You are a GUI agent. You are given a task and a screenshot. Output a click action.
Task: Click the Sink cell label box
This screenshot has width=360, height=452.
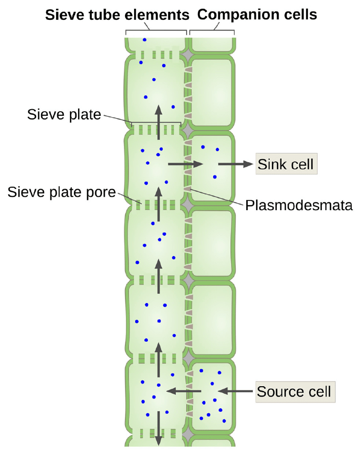pos(286,164)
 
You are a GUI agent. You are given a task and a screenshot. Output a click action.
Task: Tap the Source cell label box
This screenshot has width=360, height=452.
pos(295,391)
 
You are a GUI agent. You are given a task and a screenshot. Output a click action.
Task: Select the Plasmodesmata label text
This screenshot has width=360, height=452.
pos(299,206)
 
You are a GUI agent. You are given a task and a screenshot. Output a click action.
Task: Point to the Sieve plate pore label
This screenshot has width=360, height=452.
pos(61,192)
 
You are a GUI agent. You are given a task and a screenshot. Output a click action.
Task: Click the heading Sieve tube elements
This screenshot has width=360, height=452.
pos(117,15)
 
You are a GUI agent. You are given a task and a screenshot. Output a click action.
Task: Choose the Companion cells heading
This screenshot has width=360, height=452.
pos(257,14)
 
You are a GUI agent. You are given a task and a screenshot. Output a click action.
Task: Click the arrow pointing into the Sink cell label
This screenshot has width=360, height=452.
pos(235,164)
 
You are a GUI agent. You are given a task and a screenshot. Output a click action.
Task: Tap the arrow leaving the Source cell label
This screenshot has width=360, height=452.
pos(235,391)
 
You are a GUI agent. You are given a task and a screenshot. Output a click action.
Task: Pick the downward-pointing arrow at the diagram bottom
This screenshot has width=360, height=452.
pos(158,429)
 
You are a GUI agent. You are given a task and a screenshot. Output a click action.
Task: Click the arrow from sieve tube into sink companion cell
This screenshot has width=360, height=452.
pos(186,164)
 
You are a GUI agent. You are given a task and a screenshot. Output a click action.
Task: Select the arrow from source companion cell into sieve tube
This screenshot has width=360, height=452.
pos(184,391)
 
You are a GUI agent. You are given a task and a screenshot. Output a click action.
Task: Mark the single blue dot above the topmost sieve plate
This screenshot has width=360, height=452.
pos(144,40)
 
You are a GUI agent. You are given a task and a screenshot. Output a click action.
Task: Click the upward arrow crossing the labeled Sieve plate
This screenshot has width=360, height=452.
pos(158,122)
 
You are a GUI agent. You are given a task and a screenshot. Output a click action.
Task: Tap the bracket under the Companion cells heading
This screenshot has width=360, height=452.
pos(212,30)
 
